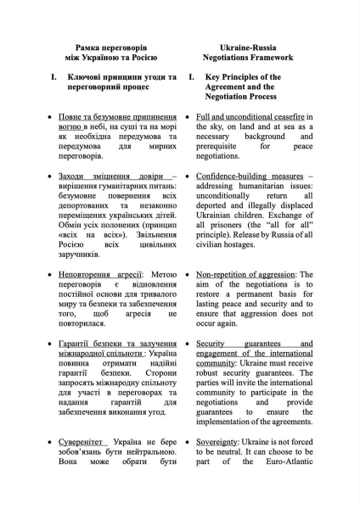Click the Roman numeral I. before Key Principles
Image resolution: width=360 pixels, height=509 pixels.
[x=191, y=76]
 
